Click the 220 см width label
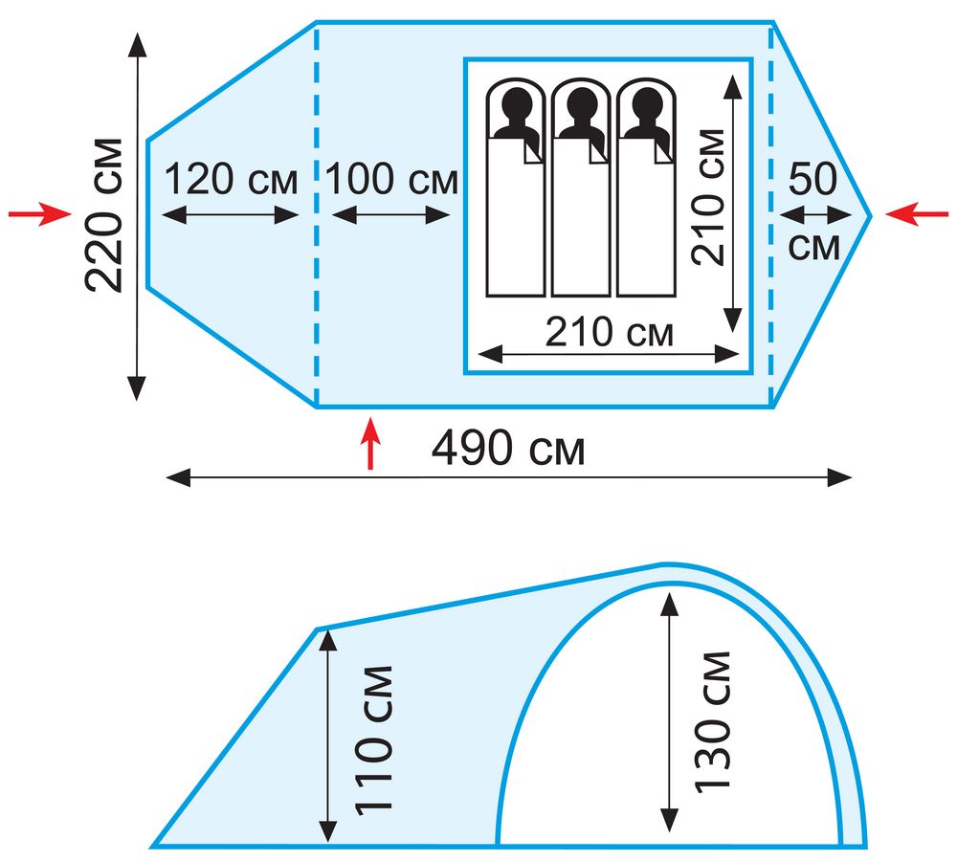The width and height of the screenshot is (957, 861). coord(105,215)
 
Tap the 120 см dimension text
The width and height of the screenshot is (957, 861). coord(232,180)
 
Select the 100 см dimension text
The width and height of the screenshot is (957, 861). coord(391,180)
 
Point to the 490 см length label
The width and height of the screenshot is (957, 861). coord(508,449)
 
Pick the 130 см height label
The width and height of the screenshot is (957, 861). coord(712,722)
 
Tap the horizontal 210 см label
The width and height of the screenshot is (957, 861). coord(609,333)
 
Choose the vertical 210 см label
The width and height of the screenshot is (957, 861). coord(708,197)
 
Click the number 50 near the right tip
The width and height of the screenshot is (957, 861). coord(812,179)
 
